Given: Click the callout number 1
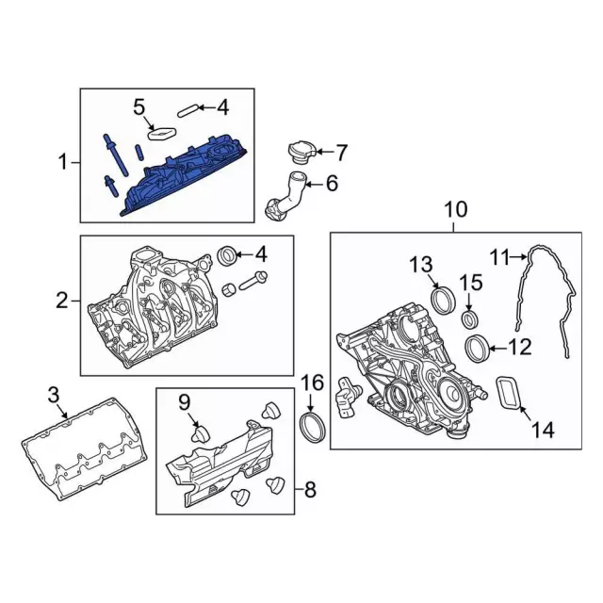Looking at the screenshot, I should [x=63, y=163].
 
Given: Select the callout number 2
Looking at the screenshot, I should [x=62, y=301].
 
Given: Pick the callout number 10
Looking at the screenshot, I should [x=455, y=210].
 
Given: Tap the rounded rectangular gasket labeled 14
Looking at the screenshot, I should [x=510, y=394].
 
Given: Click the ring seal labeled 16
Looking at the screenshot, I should [x=311, y=427].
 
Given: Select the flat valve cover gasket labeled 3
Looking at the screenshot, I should [x=80, y=448].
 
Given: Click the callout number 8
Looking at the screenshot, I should [x=312, y=490].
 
